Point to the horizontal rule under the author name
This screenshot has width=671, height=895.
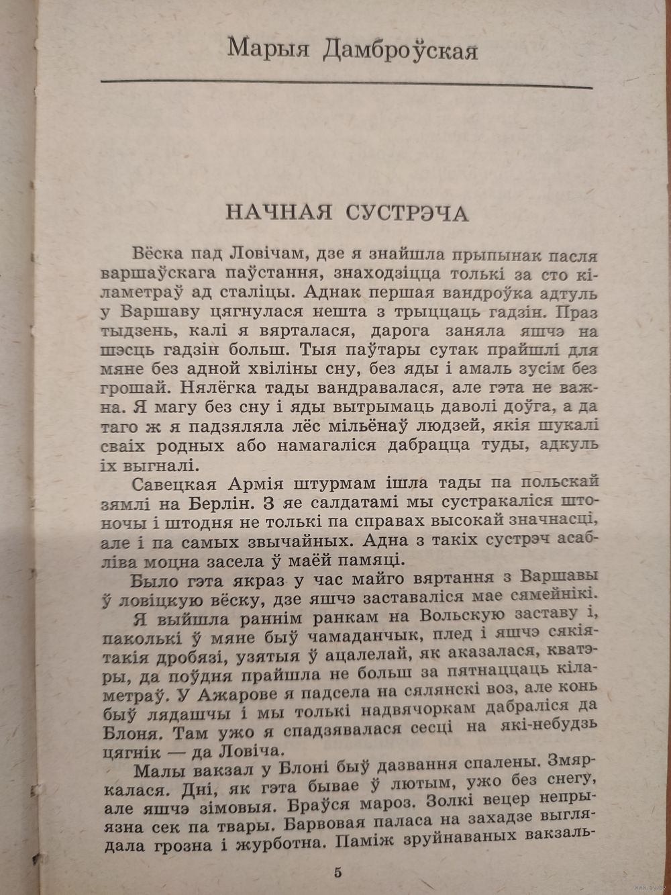pos(346,85)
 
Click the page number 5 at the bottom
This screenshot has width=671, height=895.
pos(337,872)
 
